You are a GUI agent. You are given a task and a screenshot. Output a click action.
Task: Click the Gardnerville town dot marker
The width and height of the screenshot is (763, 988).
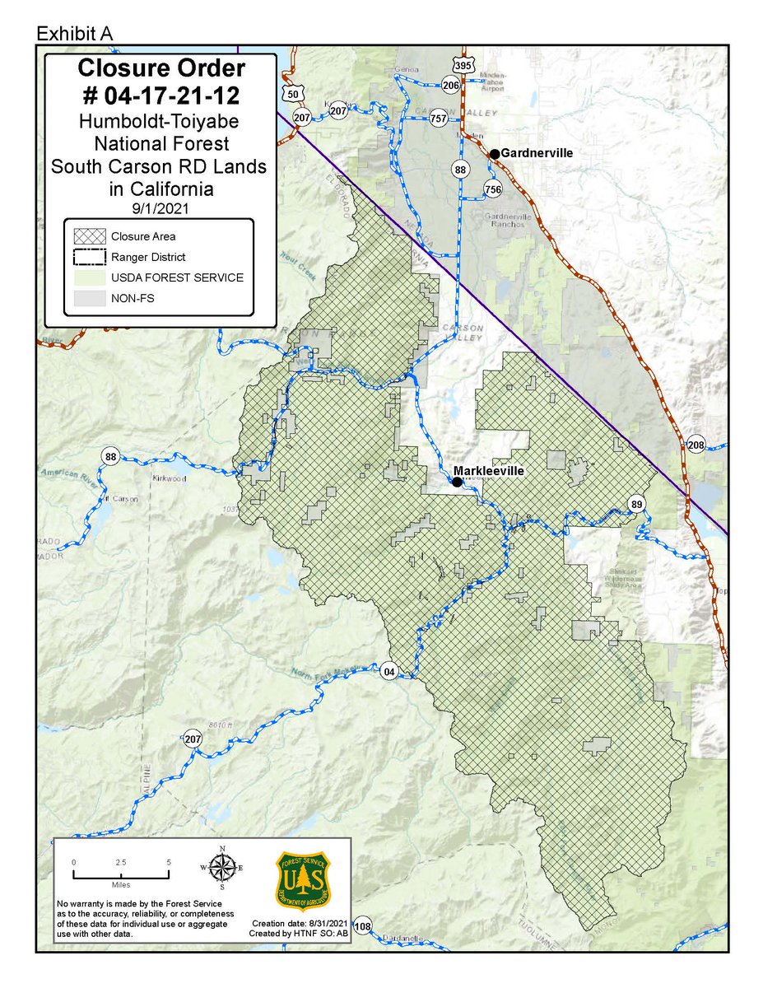pos(494,154)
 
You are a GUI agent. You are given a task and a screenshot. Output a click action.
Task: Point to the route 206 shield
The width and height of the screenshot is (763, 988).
pos(449,85)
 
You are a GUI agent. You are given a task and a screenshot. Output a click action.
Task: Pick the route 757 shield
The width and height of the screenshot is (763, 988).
pos(439,119)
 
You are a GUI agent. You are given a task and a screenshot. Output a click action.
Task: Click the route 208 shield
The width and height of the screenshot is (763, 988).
pos(696,445)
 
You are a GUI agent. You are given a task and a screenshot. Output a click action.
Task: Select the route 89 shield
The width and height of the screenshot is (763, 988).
pos(636,504)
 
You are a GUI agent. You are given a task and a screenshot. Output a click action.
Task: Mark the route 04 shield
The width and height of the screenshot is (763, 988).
pos(389,672)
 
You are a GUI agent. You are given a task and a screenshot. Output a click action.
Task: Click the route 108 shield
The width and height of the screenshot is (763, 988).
pos(363,926)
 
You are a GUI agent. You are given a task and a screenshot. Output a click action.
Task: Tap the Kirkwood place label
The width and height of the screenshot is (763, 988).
pos(170,478)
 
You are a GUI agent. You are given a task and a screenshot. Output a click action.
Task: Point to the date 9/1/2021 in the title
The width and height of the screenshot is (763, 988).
pos(158,208)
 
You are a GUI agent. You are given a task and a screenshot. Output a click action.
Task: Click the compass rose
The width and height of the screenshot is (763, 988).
pos(221,868)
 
